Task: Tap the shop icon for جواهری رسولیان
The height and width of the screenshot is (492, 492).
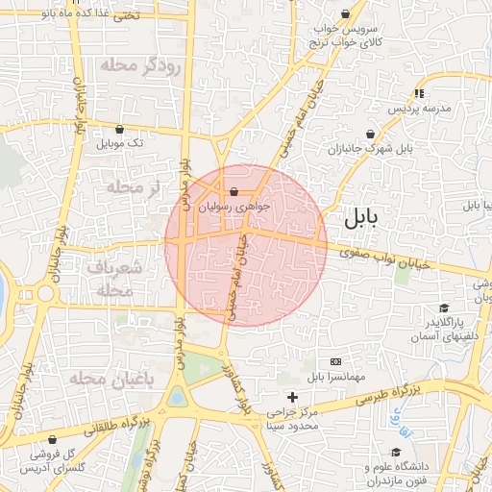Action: coord(234,191)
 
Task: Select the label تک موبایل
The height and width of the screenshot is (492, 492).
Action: coord(119,143)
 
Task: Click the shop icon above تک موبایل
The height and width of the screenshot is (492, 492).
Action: coord(119,129)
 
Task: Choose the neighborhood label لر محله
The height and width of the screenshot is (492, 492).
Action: coord(134,187)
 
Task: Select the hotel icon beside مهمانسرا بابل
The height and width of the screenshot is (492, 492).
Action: coord(334,360)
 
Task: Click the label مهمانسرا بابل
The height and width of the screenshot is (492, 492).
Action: coord(337,375)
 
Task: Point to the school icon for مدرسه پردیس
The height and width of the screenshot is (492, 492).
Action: coord(419,93)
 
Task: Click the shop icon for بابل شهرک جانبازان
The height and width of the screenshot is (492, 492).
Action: coord(371,135)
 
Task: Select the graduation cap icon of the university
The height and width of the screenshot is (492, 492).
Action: coord(395,452)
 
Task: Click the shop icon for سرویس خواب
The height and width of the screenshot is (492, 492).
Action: coord(345,13)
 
